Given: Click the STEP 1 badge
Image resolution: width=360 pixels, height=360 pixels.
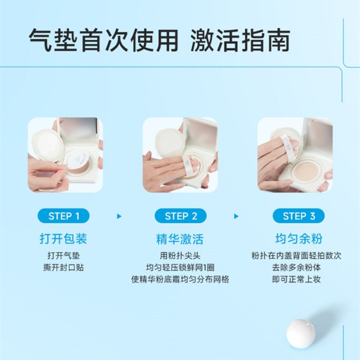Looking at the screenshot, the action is (x=63, y=216).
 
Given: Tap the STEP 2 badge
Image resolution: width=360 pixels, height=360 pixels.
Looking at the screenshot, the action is (x=181, y=216).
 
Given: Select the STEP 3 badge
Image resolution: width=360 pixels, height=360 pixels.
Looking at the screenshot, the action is (x=298, y=216).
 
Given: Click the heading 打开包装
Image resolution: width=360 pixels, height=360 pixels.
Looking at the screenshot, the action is (x=63, y=238).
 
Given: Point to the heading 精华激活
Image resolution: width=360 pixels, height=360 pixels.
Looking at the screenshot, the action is (x=180, y=239).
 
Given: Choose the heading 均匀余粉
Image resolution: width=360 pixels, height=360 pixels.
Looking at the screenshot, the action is (x=299, y=238).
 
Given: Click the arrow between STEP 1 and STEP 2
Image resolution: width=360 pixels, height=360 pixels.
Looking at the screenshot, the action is (x=119, y=217).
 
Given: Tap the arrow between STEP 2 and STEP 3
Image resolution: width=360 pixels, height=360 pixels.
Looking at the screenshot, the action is (x=236, y=217).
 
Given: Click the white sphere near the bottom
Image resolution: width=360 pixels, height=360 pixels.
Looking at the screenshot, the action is (x=301, y=333).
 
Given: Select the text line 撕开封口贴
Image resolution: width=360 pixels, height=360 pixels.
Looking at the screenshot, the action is (x=64, y=267).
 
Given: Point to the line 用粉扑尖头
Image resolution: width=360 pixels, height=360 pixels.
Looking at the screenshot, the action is (x=180, y=256).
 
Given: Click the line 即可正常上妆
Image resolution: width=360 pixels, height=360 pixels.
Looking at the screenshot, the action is (x=296, y=279).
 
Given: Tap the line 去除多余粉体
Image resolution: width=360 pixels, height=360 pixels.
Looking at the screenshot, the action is (x=296, y=267).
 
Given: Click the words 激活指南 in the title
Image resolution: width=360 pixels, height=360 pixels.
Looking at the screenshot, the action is (x=240, y=41).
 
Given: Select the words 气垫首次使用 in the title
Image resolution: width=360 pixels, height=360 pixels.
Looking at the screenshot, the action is (x=103, y=41).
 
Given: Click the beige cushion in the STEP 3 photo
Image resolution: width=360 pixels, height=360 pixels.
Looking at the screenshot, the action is (x=306, y=171).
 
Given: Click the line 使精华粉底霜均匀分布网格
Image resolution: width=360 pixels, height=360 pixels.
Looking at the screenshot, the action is (x=180, y=279).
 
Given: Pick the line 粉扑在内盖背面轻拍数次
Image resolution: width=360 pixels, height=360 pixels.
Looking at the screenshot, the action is (x=296, y=256).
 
